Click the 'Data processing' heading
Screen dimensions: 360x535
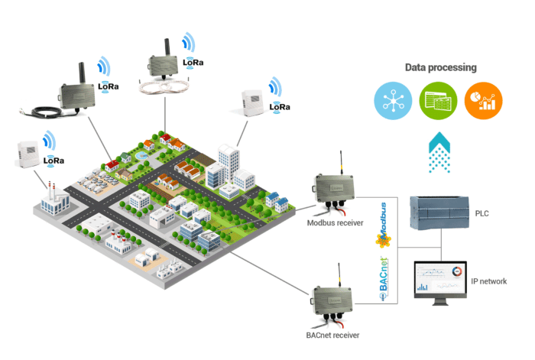(440, 67)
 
